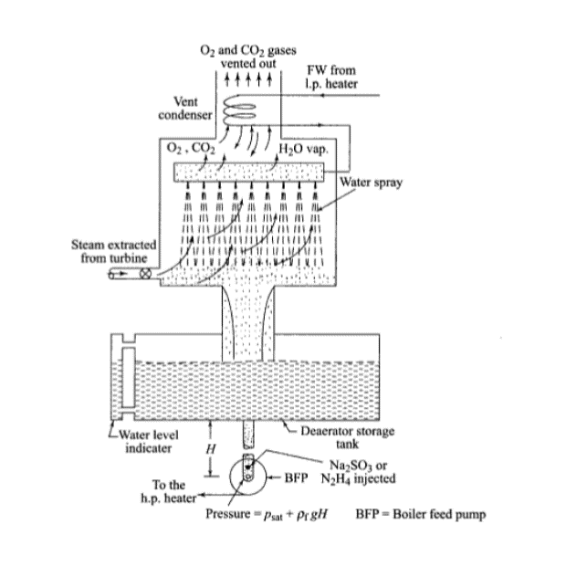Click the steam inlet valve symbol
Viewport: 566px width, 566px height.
pyautogui.click(x=145, y=274)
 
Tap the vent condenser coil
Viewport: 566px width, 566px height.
pyautogui.click(x=239, y=109)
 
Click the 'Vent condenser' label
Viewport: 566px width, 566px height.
pyautogui.click(x=185, y=108)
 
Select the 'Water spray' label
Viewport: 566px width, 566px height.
pyautogui.click(x=371, y=183)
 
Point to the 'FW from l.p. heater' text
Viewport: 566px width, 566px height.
pyautogui.click(x=331, y=77)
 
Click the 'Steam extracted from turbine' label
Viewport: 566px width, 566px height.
pyautogui.click(x=114, y=251)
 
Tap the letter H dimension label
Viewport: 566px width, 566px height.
pyautogui.click(x=211, y=449)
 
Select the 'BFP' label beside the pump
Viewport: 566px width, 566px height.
pyautogui.click(x=296, y=477)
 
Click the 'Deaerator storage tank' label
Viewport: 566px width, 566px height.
pyautogui.click(x=347, y=437)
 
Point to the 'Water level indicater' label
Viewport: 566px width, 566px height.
pyautogui.click(x=149, y=441)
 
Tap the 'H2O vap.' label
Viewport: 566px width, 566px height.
pyautogui.click(x=304, y=149)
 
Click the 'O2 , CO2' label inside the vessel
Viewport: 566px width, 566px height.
pyautogui.click(x=191, y=149)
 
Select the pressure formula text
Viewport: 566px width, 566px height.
pyautogui.click(x=267, y=514)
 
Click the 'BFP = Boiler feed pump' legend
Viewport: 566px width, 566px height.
pyautogui.click(x=421, y=514)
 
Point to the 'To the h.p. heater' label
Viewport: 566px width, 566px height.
pyautogui.click(x=169, y=491)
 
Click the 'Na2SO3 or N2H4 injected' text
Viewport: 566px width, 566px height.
pyautogui.click(x=359, y=472)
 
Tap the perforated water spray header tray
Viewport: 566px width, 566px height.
pyautogui.click(x=249, y=173)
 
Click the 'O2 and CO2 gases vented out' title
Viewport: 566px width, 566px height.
pyautogui.click(x=248, y=57)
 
